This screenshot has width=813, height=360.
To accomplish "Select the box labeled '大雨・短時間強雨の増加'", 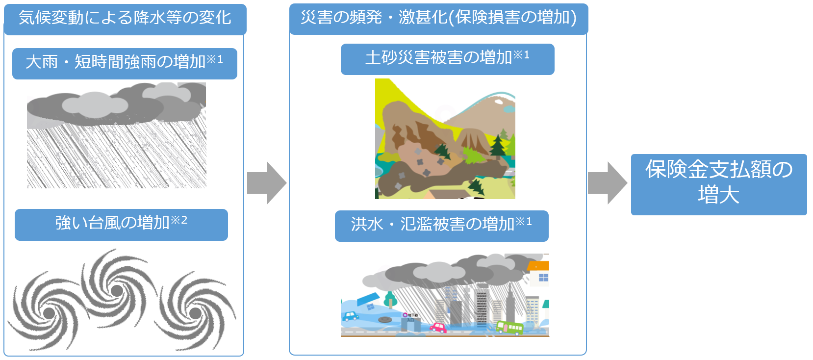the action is (x=125, y=63).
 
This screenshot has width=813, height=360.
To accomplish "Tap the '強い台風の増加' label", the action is (x=121, y=225).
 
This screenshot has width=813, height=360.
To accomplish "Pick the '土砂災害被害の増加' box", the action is (x=448, y=59).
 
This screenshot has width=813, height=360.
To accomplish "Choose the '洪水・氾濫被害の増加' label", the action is (x=441, y=226).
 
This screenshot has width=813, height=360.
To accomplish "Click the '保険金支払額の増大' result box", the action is (x=719, y=184).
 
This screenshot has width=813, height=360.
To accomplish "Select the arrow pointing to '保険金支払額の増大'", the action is (x=608, y=183).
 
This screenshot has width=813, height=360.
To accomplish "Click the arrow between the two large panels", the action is (x=267, y=183).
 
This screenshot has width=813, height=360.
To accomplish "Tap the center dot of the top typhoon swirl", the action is (x=117, y=290).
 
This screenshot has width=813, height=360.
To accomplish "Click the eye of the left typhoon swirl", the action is (x=49, y=313).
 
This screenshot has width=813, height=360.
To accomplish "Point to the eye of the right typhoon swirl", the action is (x=196, y=313).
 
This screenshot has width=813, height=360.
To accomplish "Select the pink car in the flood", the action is (x=438, y=328).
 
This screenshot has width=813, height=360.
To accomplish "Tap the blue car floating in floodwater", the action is (x=350, y=316).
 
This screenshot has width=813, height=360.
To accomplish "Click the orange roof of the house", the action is (x=538, y=266).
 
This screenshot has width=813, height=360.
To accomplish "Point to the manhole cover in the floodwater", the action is (x=384, y=320).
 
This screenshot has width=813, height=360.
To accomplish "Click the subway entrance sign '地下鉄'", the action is (x=410, y=315).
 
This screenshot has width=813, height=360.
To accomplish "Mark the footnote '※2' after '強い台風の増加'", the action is (x=179, y=220).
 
